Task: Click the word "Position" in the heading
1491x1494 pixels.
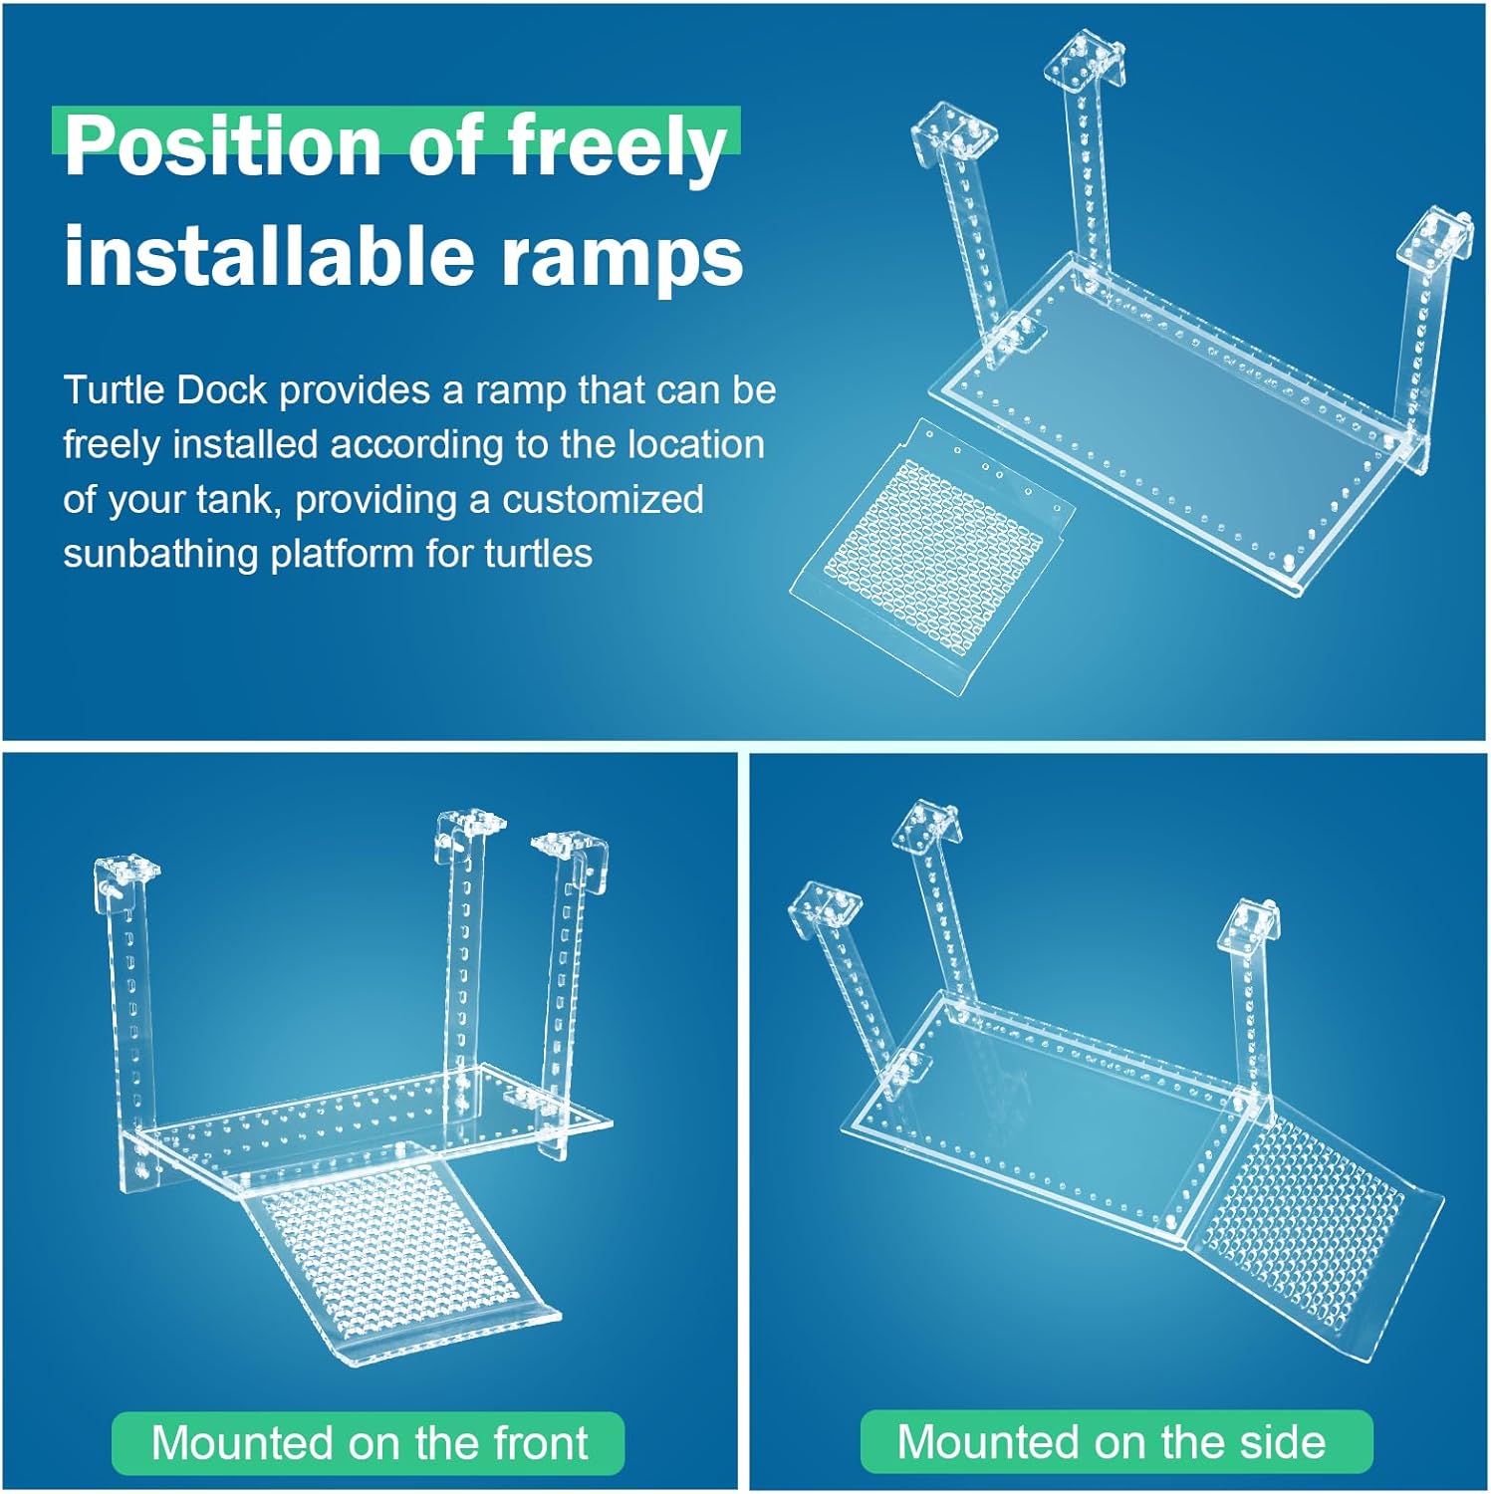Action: click(x=221, y=146)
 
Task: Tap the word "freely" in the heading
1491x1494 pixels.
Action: click(x=616, y=146)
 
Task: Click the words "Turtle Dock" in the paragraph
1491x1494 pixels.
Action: click(x=164, y=390)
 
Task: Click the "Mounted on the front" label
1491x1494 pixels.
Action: click(x=368, y=1442)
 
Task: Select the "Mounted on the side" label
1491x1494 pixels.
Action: click(x=1113, y=1441)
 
